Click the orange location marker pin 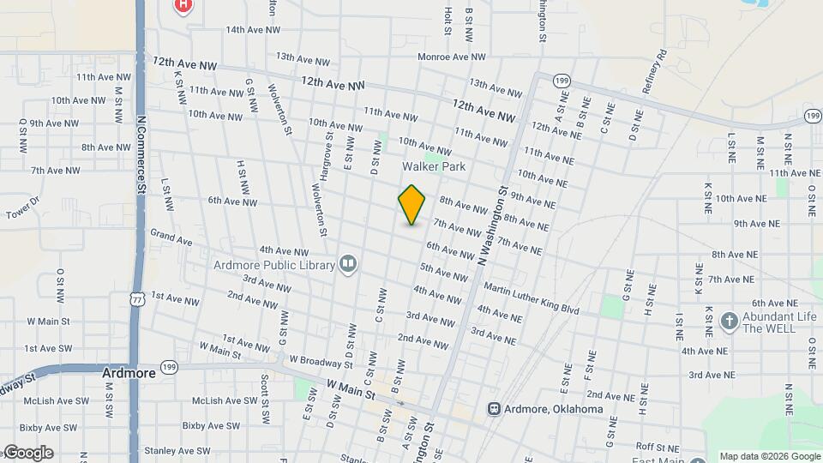412,204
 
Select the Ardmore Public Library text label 274,265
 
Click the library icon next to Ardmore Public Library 348,263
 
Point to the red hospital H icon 183,5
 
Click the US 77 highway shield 137,298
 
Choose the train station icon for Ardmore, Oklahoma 495,409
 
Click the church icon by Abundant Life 729,322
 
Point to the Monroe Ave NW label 451,57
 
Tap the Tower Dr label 23,208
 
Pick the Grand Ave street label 171,237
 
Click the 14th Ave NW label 254,29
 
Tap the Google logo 27,453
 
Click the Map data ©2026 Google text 770,456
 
